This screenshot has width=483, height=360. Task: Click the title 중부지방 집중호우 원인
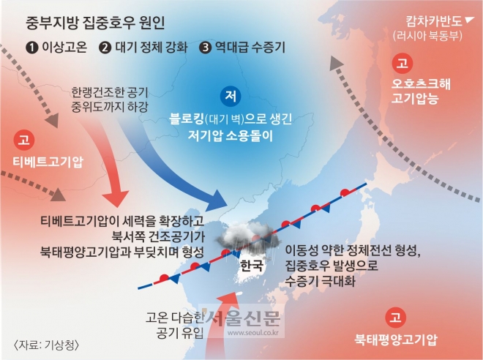click(95, 23)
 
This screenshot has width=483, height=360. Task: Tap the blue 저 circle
click(231, 97)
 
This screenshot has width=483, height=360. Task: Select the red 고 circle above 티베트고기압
click(23, 140)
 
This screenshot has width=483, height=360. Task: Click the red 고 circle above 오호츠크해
click(402, 64)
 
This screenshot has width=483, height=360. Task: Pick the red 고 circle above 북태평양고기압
click(395, 317)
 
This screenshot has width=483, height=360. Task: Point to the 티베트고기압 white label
click(48, 162)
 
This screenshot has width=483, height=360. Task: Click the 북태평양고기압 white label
click(396, 340)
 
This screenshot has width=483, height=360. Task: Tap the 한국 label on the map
click(251, 266)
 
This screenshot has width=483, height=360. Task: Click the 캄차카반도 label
click(434, 21)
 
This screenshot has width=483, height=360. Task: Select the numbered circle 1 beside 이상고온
click(32, 48)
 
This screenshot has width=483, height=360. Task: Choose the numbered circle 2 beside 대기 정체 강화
click(105, 48)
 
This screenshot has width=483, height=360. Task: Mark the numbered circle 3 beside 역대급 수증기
click(205, 48)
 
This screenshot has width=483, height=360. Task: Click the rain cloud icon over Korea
click(249, 238)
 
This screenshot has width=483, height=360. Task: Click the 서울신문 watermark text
click(244, 318)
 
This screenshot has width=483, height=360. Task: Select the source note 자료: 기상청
click(46, 345)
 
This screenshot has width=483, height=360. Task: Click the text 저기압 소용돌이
click(231, 135)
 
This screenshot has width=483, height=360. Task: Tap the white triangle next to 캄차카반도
click(469, 20)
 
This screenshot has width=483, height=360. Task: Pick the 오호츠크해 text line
click(421, 83)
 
